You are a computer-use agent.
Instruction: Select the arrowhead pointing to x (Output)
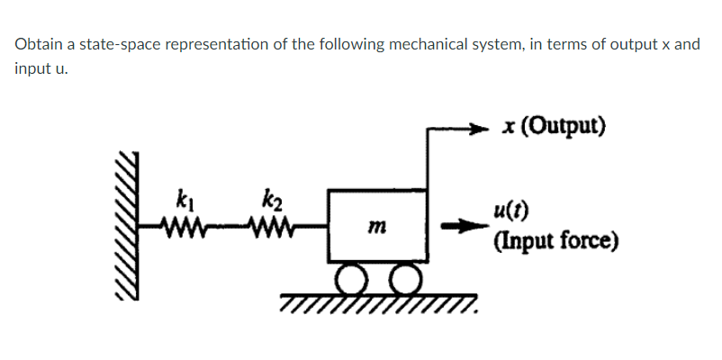tap(492, 129)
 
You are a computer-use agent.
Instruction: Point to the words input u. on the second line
tap(39, 69)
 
